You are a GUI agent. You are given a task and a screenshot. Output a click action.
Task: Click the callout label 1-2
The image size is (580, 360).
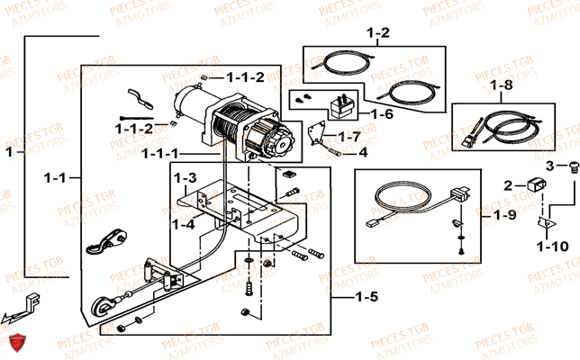pyautogui.click(x=378, y=33)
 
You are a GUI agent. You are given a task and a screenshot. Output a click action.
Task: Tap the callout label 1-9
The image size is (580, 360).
pyautogui.click(x=506, y=216)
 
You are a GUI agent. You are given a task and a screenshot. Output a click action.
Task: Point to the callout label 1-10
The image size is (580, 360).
pyautogui.click(x=552, y=245)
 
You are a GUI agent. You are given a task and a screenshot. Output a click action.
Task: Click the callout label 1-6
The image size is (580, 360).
pyautogui.click(x=382, y=114)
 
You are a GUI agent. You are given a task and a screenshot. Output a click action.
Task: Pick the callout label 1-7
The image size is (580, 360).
pyautogui.click(x=349, y=136)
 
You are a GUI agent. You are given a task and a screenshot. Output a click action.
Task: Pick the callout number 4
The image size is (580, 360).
pyautogui.click(x=363, y=152)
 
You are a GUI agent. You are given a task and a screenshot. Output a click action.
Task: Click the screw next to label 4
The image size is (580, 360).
pyautogui.click(x=340, y=153)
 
